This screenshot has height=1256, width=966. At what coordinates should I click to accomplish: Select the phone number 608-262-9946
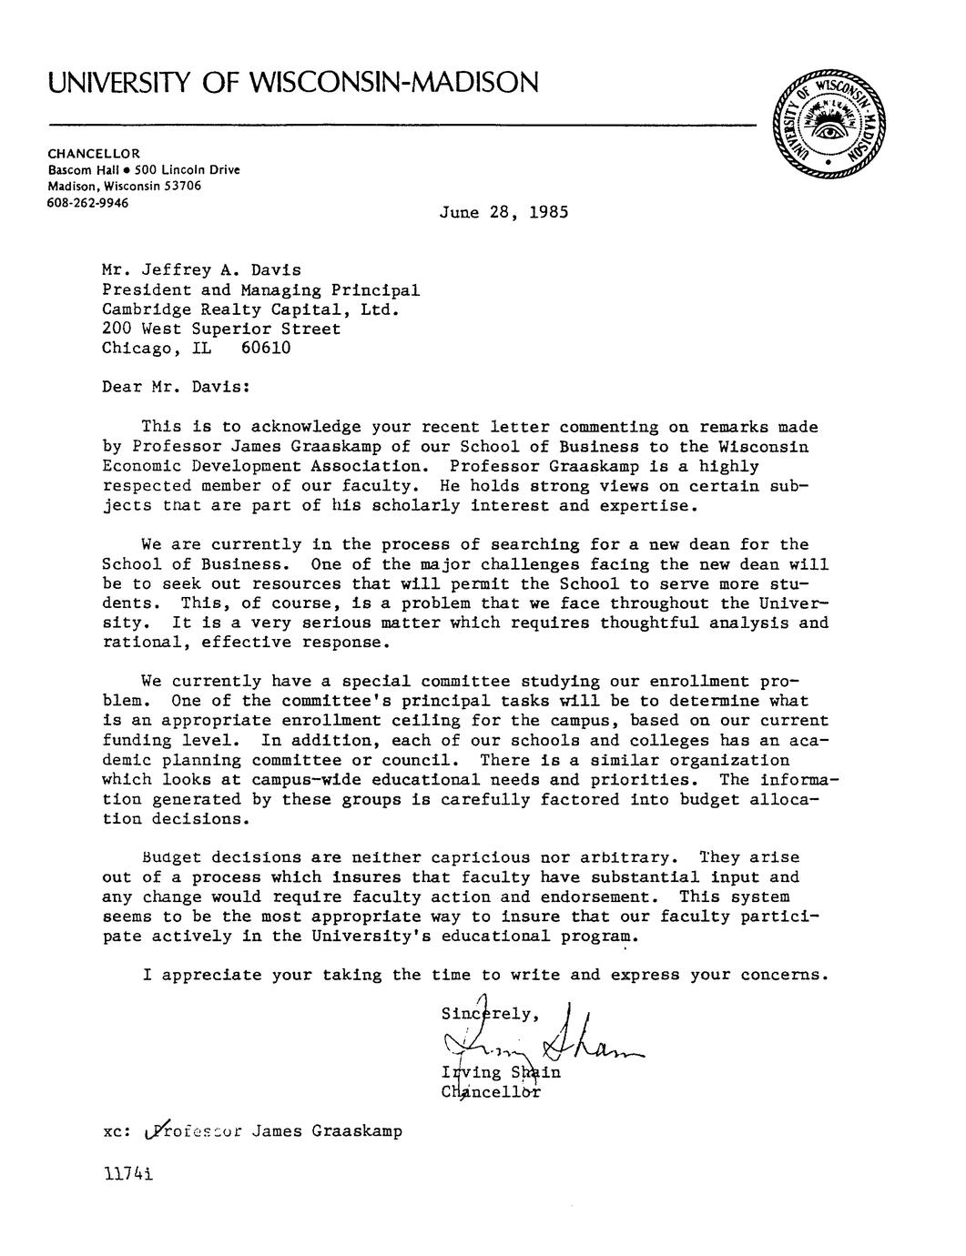click(x=87, y=202)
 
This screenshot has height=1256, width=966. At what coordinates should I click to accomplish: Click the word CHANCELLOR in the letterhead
click(x=94, y=153)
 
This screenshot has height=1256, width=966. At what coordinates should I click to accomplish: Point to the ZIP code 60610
click(x=266, y=349)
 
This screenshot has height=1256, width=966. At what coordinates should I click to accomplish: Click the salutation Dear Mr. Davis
click(x=176, y=388)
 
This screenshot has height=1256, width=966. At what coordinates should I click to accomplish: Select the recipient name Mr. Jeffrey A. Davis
click(x=200, y=270)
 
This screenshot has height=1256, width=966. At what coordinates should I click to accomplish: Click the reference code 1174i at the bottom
click(x=127, y=1174)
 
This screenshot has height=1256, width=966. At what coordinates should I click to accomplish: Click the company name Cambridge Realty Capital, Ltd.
click(x=251, y=309)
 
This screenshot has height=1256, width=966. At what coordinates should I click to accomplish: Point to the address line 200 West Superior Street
click(x=221, y=329)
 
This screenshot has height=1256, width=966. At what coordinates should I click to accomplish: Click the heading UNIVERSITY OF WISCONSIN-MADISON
click(x=293, y=84)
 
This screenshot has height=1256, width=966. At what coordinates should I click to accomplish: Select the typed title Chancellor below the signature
click(x=491, y=1091)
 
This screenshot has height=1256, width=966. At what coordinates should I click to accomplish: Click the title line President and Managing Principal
click(x=260, y=290)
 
